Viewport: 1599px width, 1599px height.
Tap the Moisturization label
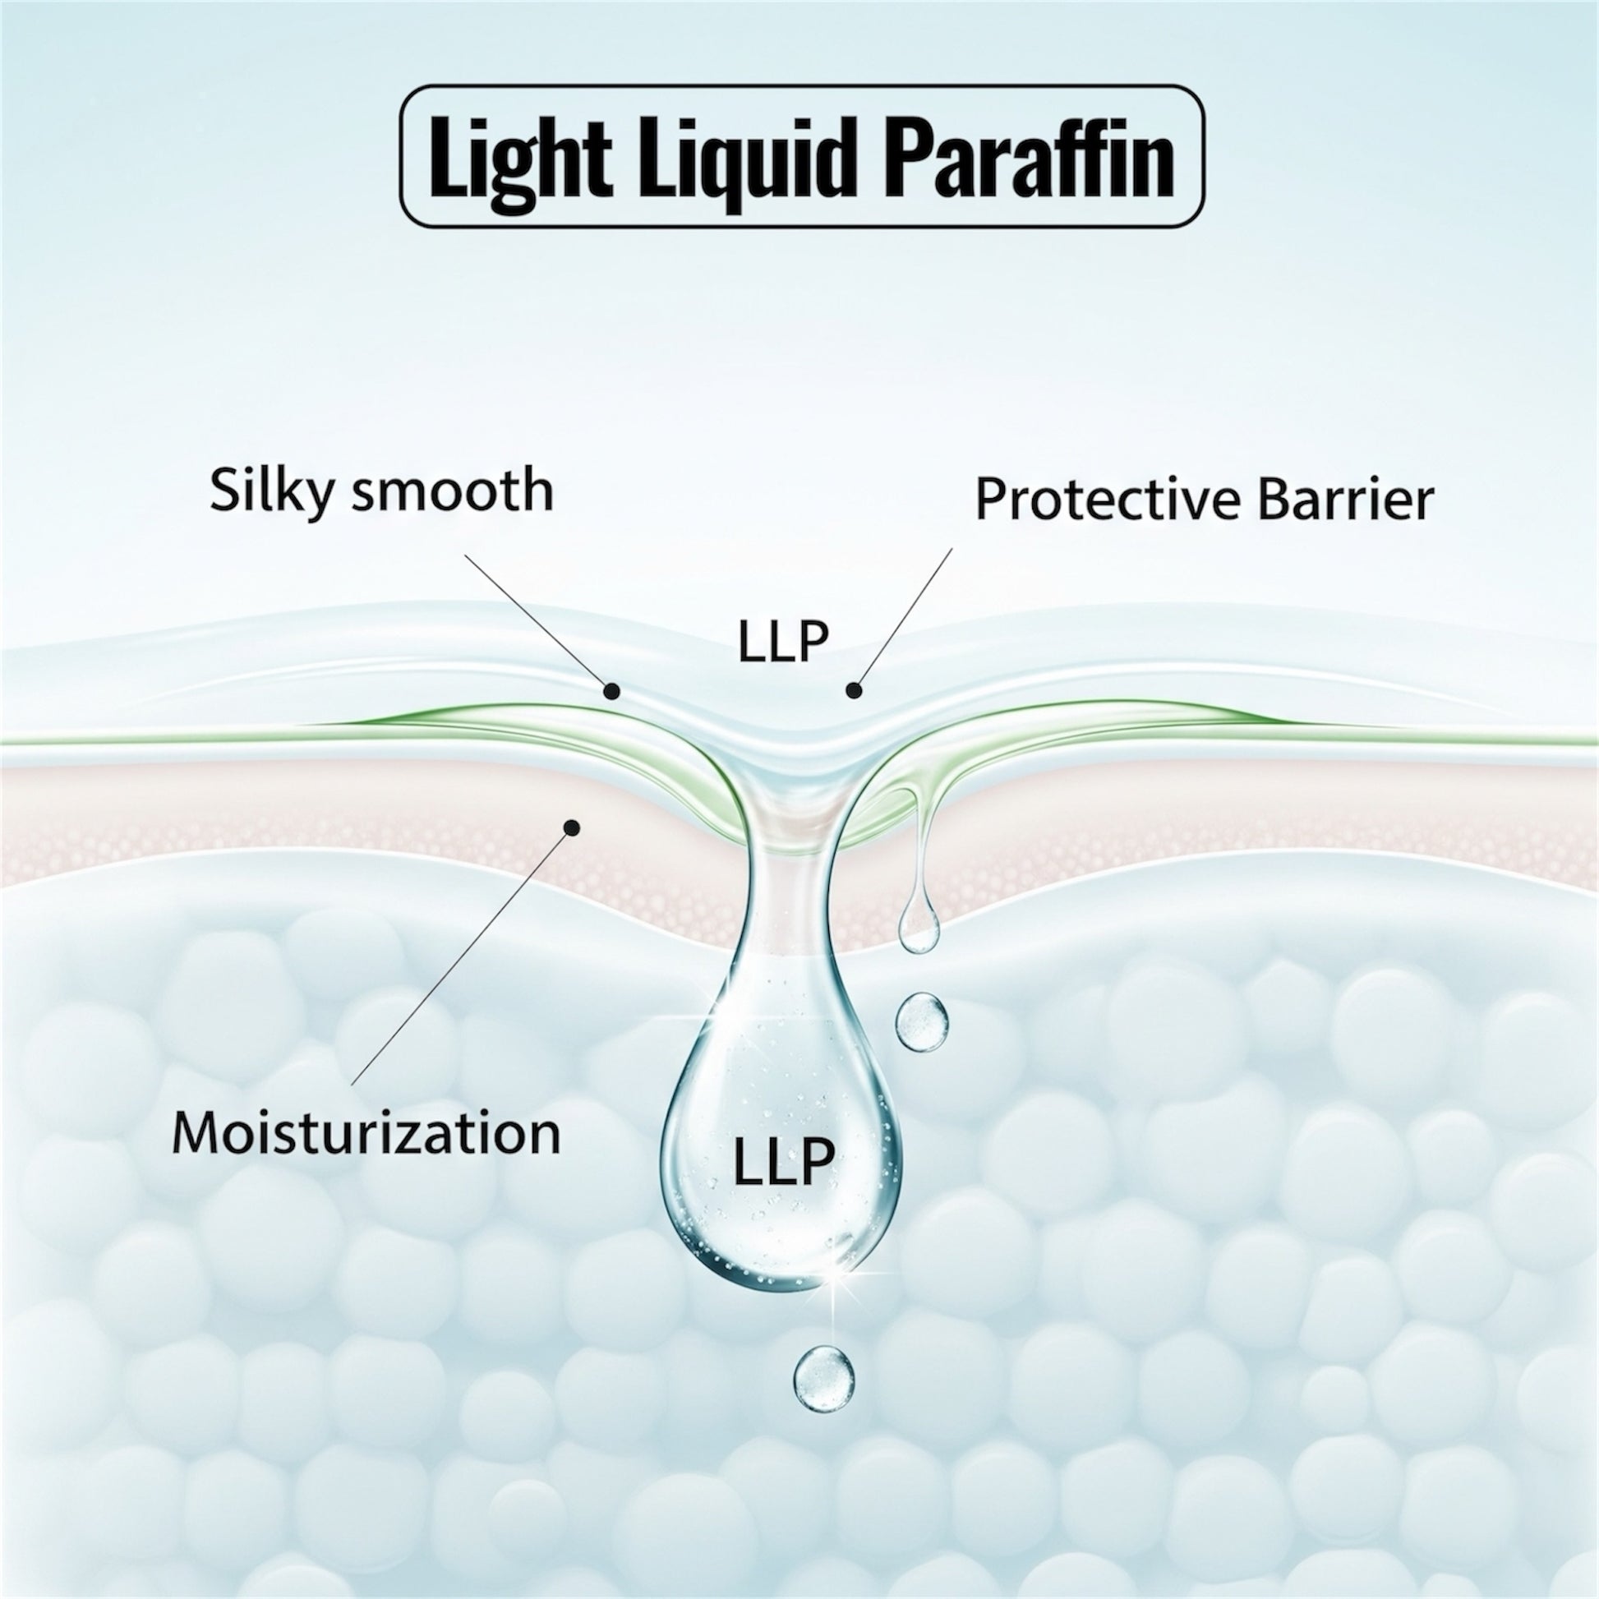tap(366, 1133)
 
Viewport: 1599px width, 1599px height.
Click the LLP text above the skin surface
tap(783, 643)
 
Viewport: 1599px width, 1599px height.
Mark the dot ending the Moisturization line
tap(570, 827)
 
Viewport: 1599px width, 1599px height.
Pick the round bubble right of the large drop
tap(921, 1024)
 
